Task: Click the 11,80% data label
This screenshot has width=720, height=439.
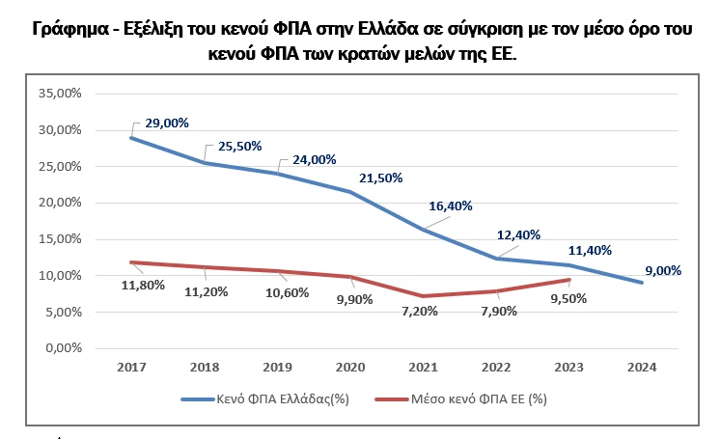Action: click(142, 285)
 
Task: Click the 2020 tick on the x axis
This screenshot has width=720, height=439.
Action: click(350, 367)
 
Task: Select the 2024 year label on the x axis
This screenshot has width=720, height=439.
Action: click(644, 367)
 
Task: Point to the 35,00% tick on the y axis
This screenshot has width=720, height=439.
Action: click(60, 94)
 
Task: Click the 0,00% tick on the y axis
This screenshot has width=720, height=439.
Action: click(63, 348)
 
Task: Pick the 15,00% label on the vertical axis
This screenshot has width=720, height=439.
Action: click(60, 239)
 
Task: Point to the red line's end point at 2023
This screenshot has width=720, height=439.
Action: click(570, 280)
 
